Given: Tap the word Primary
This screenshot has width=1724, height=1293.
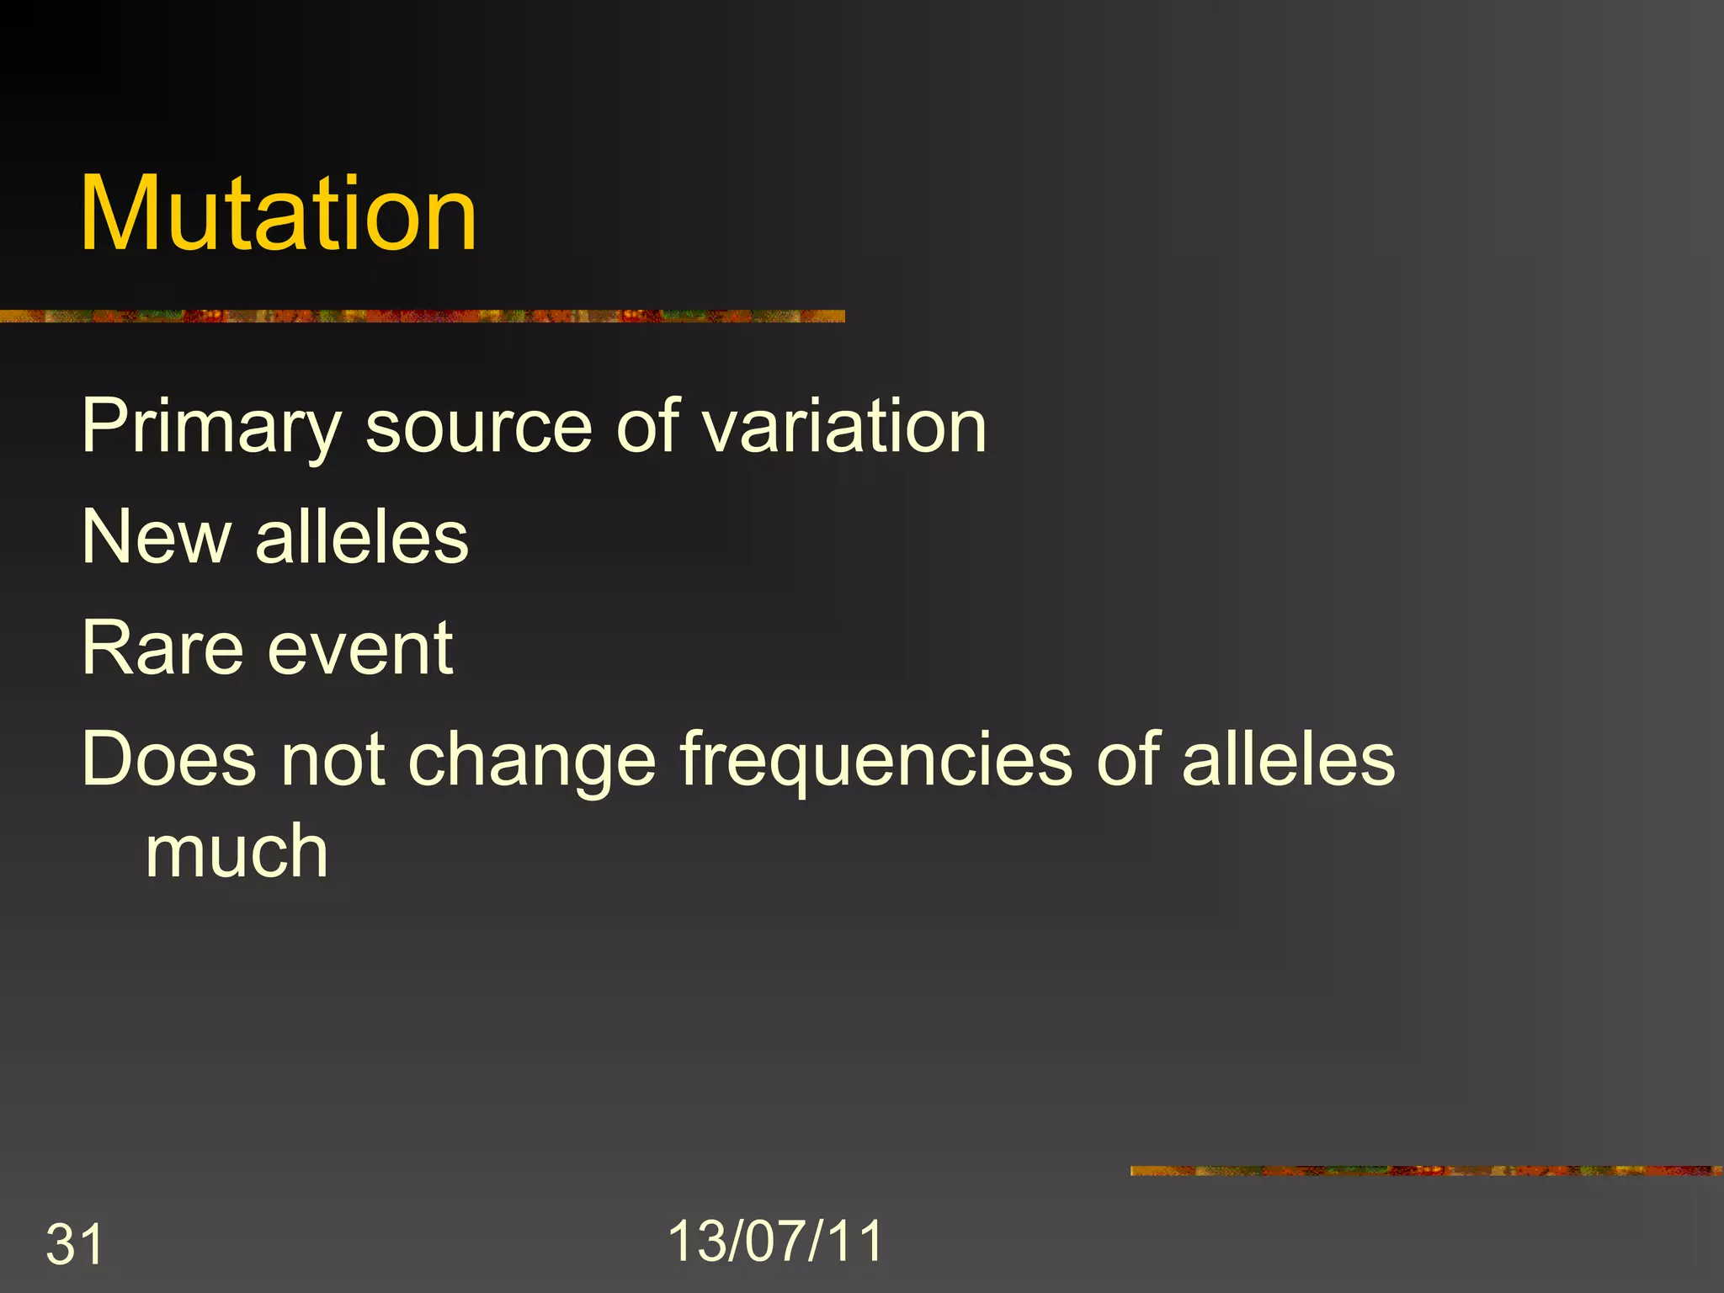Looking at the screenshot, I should click(211, 427).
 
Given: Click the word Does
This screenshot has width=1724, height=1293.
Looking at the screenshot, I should click(169, 759).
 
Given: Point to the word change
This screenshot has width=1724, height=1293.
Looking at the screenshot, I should click(532, 761).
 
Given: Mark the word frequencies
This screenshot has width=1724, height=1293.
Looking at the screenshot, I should click(876, 761).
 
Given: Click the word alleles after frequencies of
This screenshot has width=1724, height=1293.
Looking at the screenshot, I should click(1289, 759).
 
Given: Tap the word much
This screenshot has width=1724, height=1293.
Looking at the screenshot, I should click(237, 852).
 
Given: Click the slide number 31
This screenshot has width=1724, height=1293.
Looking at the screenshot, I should click(74, 1244).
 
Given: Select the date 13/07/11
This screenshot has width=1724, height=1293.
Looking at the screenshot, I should click(775, 1241).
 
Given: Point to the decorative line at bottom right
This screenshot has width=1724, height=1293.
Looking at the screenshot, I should click(1426, 1170).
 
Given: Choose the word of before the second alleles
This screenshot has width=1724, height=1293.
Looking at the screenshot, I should click(1127, 759).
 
